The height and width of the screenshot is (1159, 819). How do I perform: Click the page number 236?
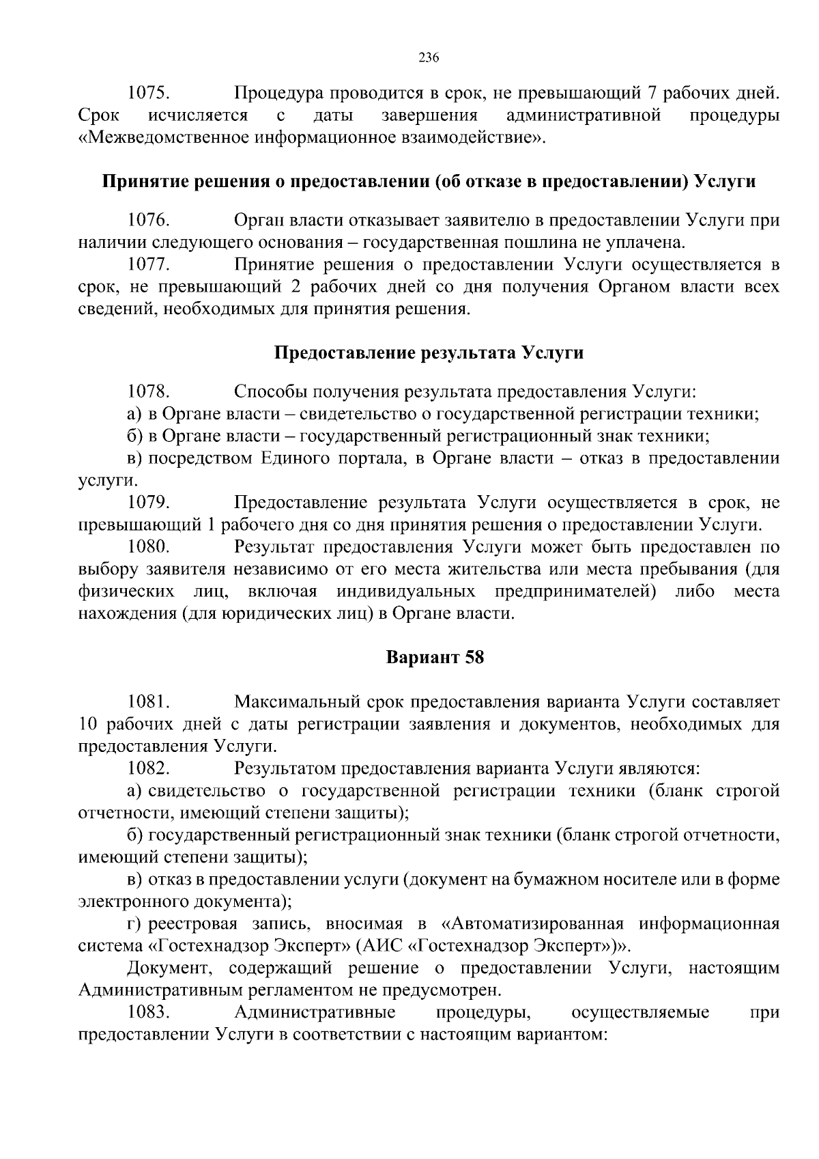[428, 57]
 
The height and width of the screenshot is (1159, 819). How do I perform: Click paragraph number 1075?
[149, 92]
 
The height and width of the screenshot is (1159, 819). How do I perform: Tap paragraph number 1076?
[149, 221]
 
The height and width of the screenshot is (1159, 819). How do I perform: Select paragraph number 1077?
[149, 264]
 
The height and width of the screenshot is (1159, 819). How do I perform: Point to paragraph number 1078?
[149, 392]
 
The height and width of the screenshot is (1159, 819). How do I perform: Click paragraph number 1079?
[149, 503]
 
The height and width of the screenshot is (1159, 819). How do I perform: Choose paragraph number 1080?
[149, 547]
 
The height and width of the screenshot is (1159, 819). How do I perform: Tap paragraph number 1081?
[149, 702]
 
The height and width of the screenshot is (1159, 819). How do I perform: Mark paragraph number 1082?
[149, 768]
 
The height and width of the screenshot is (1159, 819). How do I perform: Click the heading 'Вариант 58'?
[435, 658]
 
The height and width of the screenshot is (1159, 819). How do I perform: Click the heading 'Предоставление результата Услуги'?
[429, 353]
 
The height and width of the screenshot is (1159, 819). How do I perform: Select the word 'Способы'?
[265, 392]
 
